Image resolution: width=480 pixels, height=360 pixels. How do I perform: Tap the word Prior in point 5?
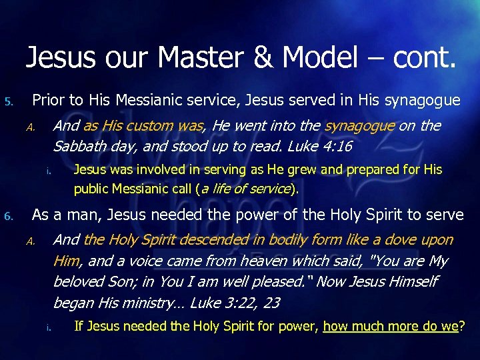click(x=48, y=101)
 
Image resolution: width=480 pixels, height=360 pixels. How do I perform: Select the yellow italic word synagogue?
click(x=359, y=125)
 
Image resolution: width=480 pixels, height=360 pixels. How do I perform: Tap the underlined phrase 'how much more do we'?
click(x=391, y=326)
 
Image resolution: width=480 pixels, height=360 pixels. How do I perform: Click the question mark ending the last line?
click(x=462, y=326)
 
